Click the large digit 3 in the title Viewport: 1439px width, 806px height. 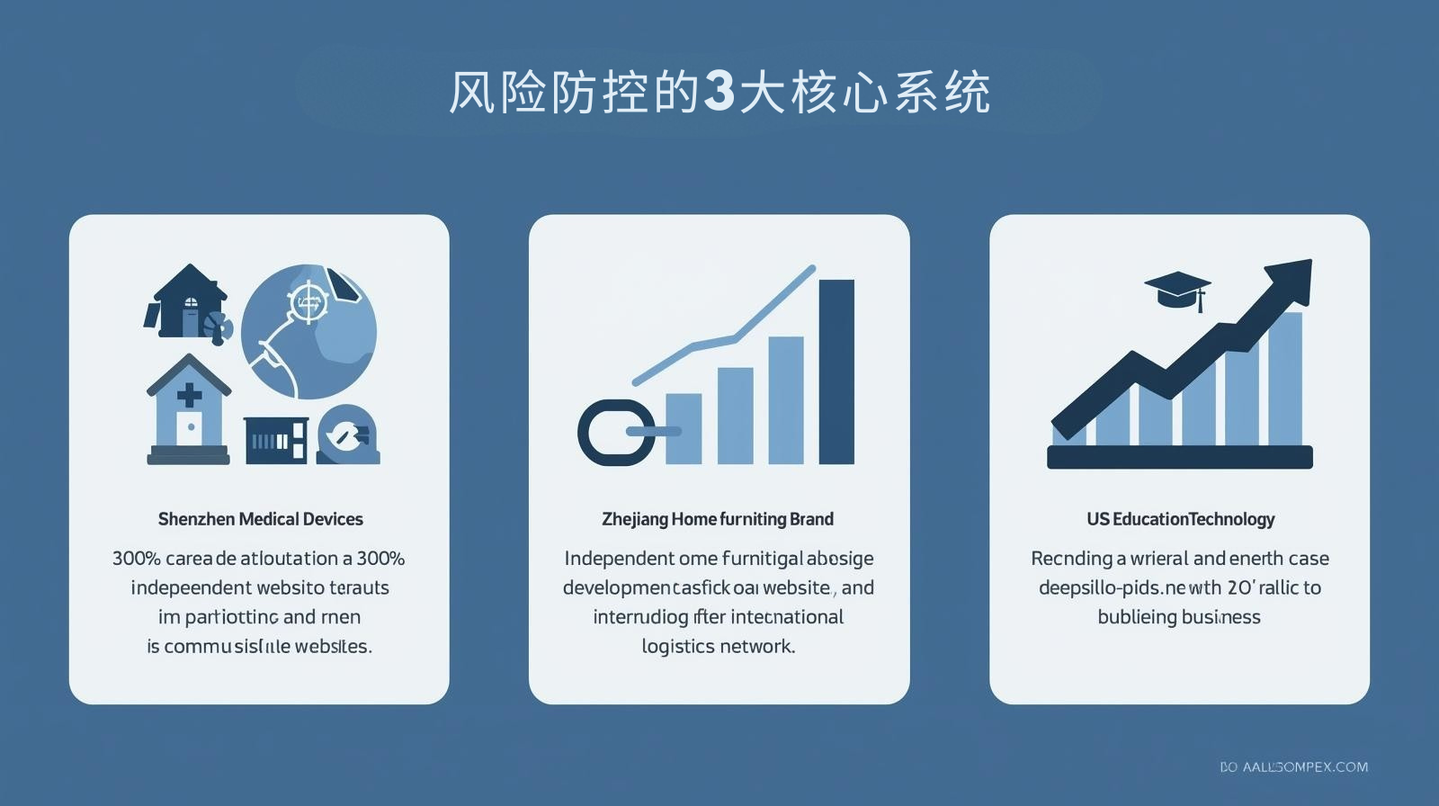(719, 91)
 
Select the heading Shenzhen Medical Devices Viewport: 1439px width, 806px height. (260, 519)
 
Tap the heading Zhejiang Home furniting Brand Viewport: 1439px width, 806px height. (718, 519)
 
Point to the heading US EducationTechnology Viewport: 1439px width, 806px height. (1180, 519)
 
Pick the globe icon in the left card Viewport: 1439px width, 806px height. (310, 332)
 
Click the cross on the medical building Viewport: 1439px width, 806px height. (189, 394)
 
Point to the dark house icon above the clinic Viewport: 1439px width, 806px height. (187, 300)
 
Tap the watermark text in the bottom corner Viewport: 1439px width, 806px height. (1293, 766)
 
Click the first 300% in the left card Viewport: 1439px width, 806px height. (136, 559)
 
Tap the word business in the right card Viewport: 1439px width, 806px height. (1221, 617)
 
